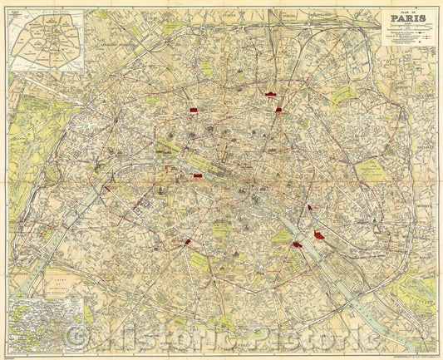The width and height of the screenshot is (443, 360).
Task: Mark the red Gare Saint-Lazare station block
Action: click(x=194, y=109)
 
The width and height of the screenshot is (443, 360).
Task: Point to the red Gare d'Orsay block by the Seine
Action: click(x=198, y=177)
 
